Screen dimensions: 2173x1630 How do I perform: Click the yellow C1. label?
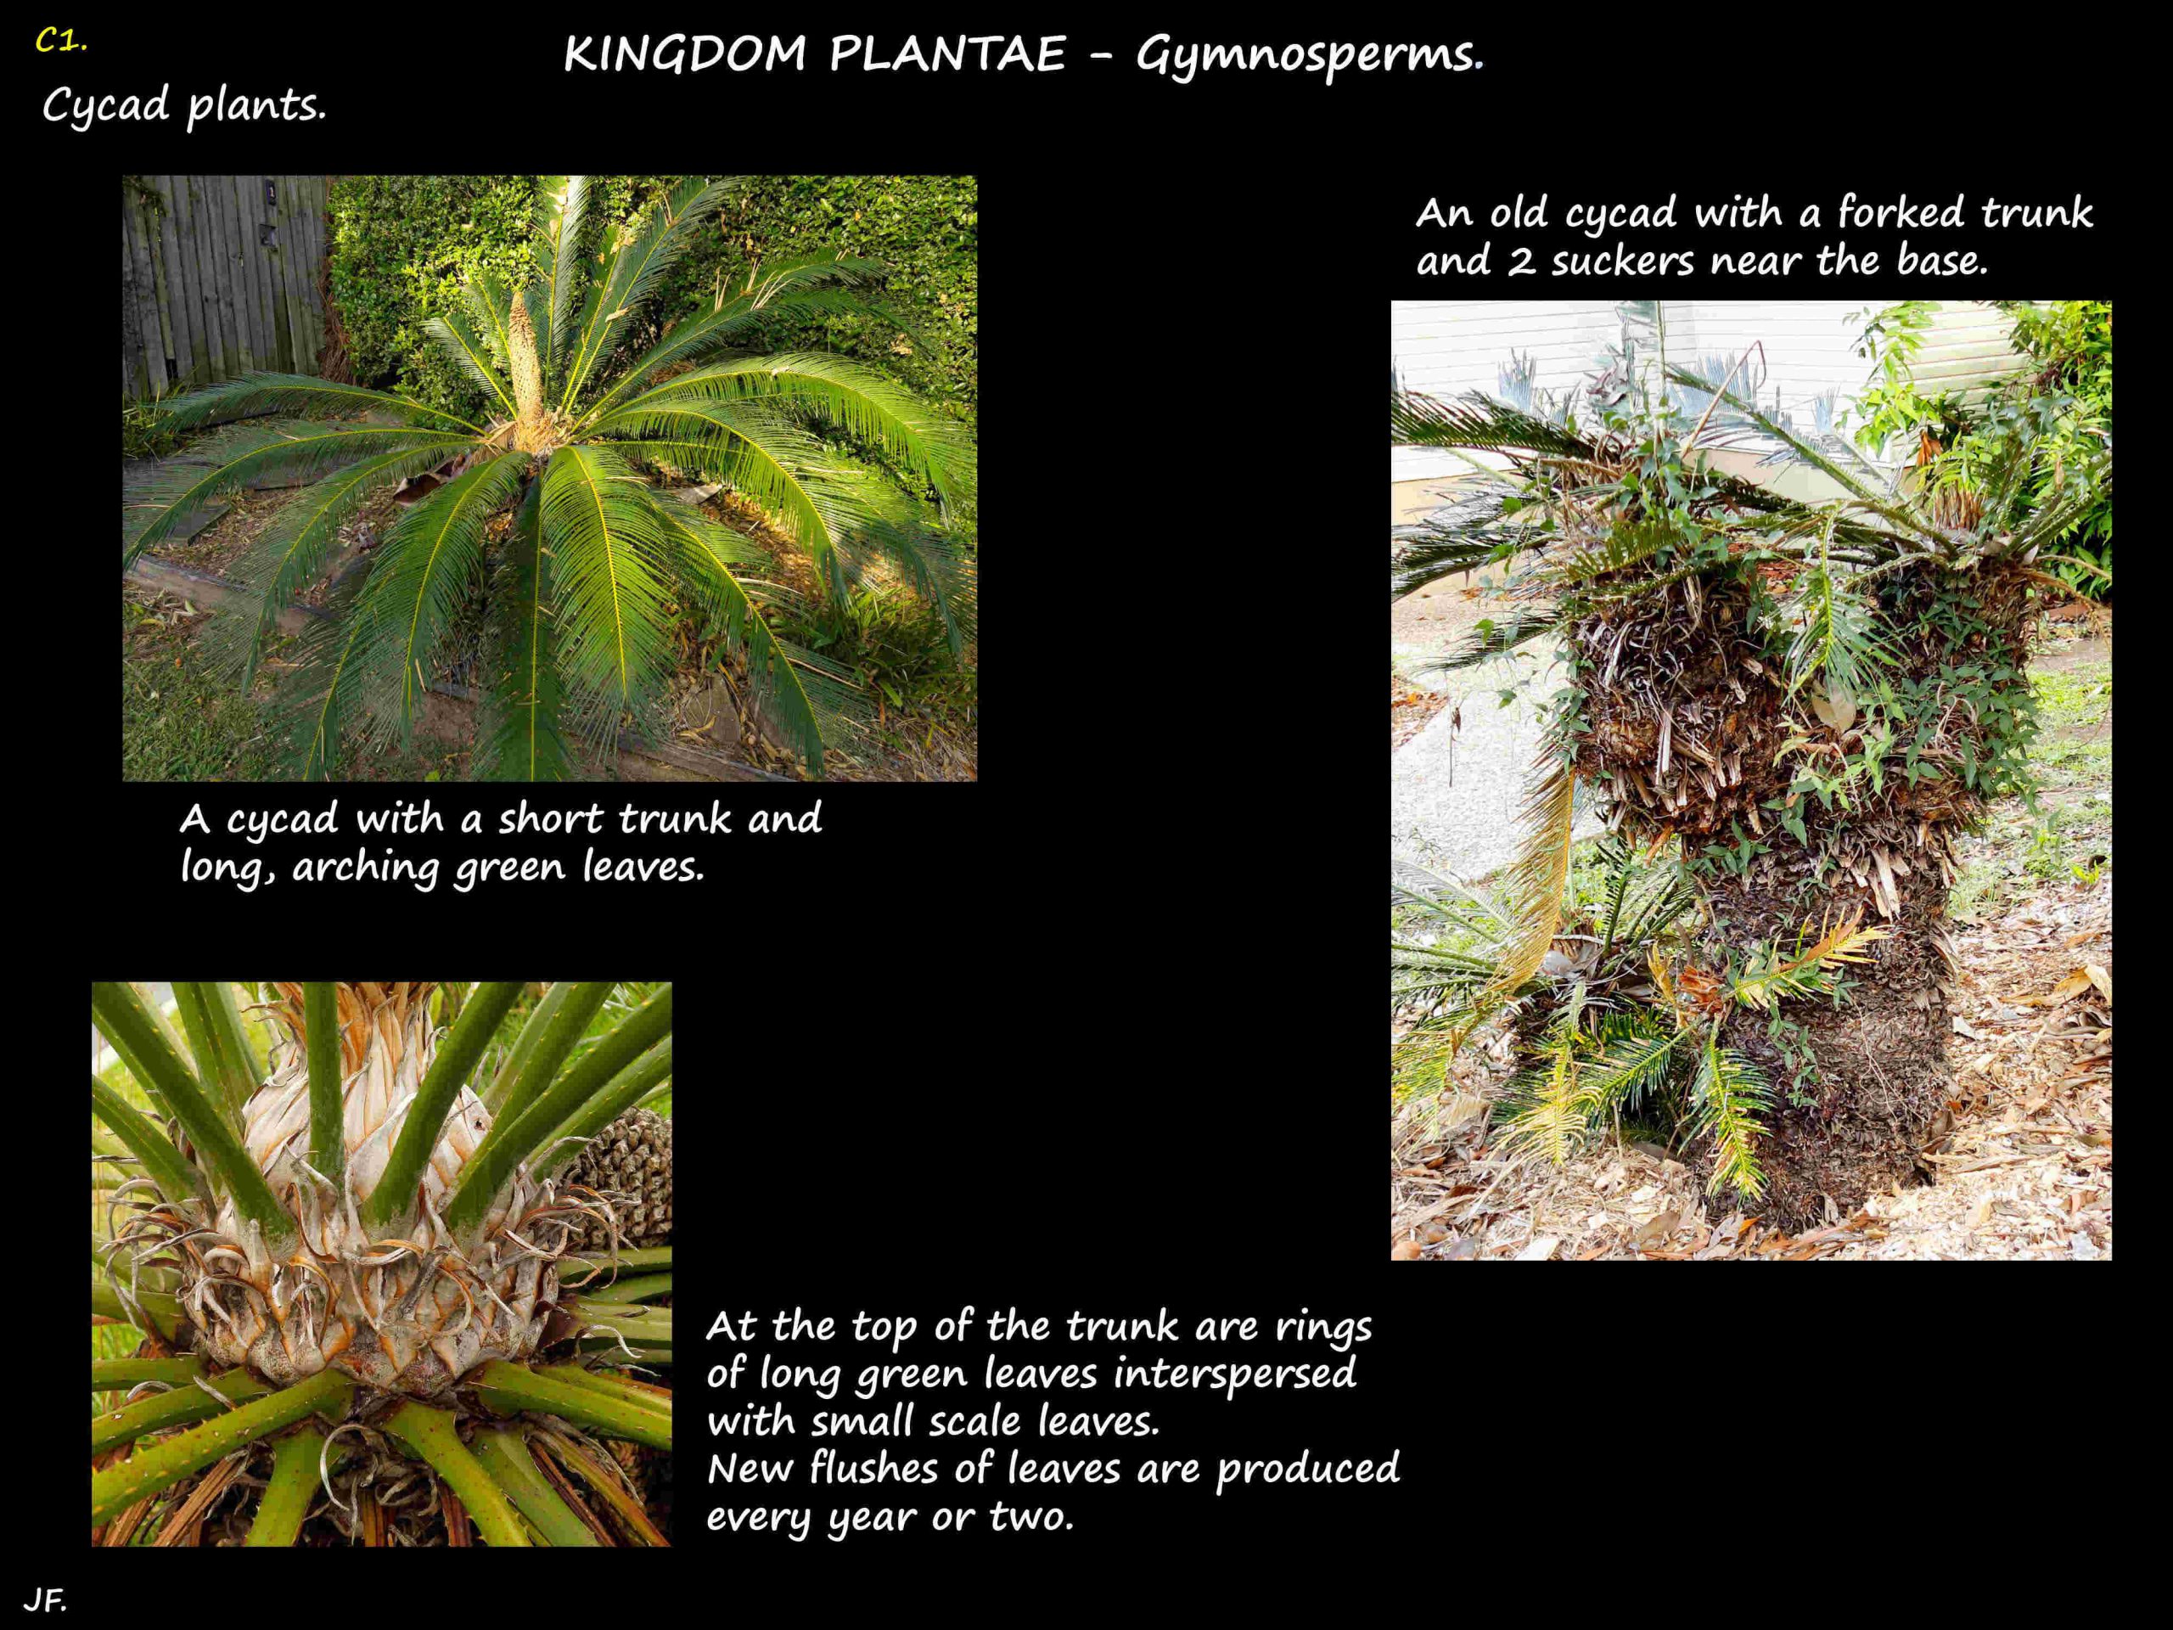click(x=61, y=42)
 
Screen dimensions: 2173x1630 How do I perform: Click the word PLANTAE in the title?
click(x=947, y=54)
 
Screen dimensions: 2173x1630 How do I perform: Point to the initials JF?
click(x=45, y=1600)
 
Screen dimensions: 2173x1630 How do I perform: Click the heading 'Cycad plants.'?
click(x=183, y=105)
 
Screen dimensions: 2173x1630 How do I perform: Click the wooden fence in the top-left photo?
click(x=224, y=285)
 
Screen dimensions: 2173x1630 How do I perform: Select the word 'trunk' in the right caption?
click(x=2036, y=213)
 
